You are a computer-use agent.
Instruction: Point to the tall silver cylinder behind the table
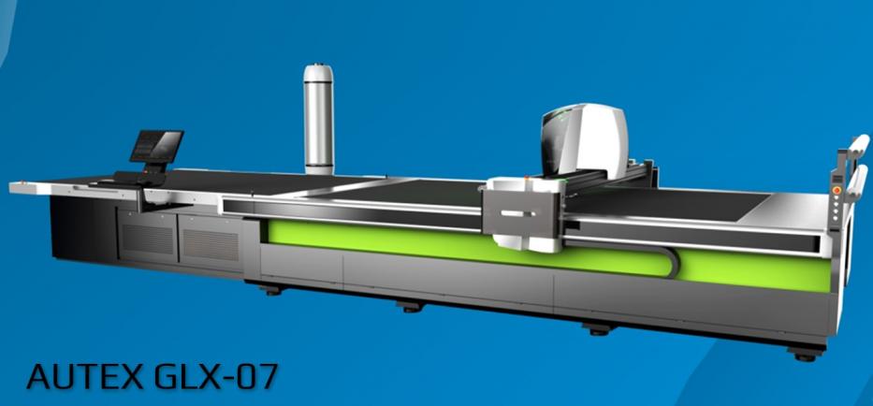pyautogui.click(x=318, y=119)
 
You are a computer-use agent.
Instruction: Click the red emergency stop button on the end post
pyautogui.click(x=837, y=191)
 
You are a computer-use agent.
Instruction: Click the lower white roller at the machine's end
pyautogui.click(x=856, y=181)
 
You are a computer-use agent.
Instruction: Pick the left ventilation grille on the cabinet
pyautogui.click(x=149, y=239)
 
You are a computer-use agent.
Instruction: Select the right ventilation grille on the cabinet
pyautogui.click(x=211, y=244)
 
